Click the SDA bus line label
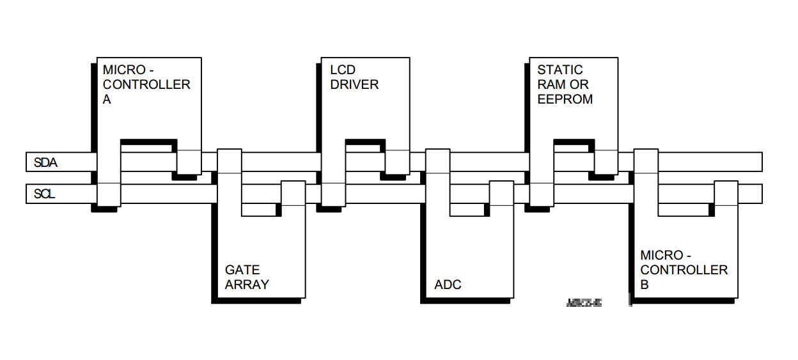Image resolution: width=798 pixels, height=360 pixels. coord(45,163)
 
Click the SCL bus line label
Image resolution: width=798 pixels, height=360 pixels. coord(44,194)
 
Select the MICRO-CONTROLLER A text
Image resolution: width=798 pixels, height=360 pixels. coord(146,84)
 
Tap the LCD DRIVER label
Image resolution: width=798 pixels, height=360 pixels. coord(354,77)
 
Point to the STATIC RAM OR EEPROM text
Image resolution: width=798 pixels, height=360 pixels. coord(565,84)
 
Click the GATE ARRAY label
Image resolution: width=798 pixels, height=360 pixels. coord(247,277)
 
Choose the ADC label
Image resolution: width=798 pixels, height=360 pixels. coord(448,285)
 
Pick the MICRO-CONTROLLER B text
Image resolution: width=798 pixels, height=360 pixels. coord(684,270)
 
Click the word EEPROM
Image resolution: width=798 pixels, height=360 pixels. coord(565,100)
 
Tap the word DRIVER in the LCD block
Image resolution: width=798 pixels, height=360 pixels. coord(354,84)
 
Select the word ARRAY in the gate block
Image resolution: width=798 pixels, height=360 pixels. coord(247,285)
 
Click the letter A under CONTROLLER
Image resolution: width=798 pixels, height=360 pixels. coord(107,100)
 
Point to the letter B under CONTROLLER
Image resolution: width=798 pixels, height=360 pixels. coord(645,285)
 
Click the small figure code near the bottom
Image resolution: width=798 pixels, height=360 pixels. coord(584,302)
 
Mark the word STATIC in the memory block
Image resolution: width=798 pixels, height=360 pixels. coord(560,70)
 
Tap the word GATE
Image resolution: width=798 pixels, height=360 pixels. coord(242,270)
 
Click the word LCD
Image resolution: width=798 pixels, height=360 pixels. coord(343,70)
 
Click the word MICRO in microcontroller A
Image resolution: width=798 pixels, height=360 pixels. coord(124,70)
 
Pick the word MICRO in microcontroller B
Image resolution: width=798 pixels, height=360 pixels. coord(662,255)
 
